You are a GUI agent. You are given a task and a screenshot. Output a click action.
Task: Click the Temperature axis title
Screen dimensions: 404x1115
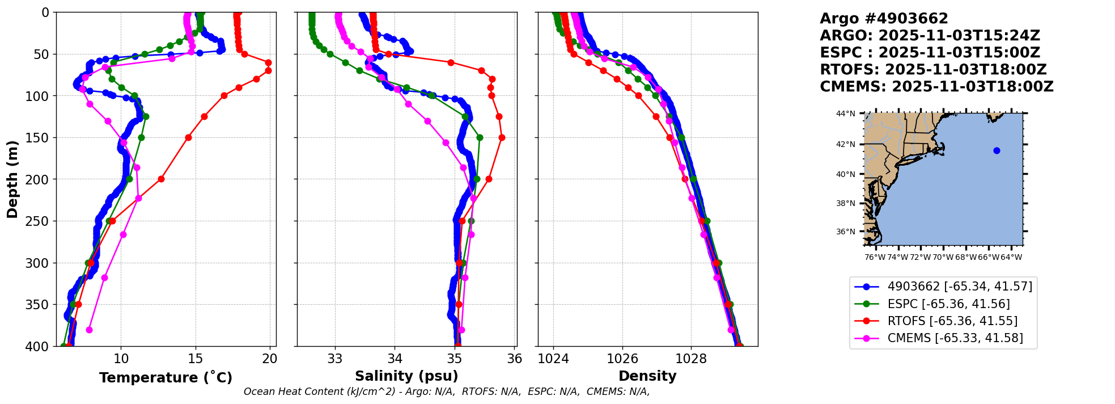pyautogui.click(x=166, y=378)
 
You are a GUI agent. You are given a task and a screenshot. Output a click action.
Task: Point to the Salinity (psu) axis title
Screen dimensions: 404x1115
pyautogui.click(x=406, y=376)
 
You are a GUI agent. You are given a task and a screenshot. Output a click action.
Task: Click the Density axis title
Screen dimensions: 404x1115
pyautogui.click(x=647, y=376)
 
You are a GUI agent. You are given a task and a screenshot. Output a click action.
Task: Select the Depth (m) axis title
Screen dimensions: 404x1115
pyautogui.click(x=12, y=179)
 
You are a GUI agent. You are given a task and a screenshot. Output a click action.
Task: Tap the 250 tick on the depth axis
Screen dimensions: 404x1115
pyautogui.click(x=43, y=221)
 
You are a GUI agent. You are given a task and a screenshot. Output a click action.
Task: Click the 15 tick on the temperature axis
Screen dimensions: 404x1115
pyautogui.click(x=196, y=359)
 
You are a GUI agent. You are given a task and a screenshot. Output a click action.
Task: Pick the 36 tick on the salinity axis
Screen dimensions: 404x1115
pyautogui.click(x=515, y=359)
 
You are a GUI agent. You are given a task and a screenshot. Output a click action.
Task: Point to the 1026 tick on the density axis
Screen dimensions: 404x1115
pyautogui.click(x=622, y=359)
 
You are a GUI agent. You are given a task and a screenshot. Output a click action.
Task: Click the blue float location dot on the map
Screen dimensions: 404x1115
pyautogui.click(x=997, y=150)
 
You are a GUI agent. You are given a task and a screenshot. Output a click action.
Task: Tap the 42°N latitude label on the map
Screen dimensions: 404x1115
pyautogui.click(x=846, y=145)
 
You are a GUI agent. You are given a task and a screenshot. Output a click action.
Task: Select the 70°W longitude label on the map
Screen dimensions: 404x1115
pyautogui.click(x=943, y=257)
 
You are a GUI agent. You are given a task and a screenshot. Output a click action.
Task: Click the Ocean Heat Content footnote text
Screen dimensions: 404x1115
pyautogui.click(x=447, y=392)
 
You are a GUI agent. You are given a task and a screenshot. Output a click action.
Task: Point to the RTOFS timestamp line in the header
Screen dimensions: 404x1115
pyautogui.click(x=933, y=70)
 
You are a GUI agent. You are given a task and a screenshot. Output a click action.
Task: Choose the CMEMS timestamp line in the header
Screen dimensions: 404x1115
pyautogui.click(x=936, y=87)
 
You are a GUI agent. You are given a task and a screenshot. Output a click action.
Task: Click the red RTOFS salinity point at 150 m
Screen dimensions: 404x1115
pyautogui.click(x=502, y=137)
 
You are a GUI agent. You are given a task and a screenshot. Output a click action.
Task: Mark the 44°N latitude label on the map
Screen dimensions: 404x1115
pyautogui.click(x=846, y=113)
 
